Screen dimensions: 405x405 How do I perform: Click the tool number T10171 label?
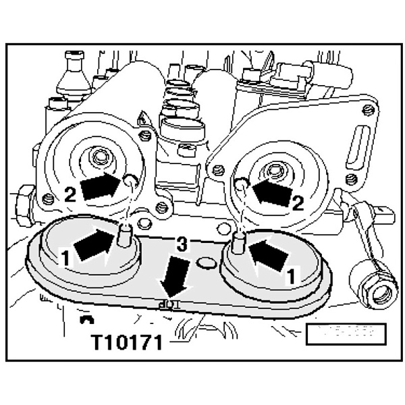(128, 344)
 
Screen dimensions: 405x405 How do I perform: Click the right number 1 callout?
(290, 276)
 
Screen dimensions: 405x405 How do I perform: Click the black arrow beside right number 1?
(266, 255)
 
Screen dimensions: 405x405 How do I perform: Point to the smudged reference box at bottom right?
(344, 333)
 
